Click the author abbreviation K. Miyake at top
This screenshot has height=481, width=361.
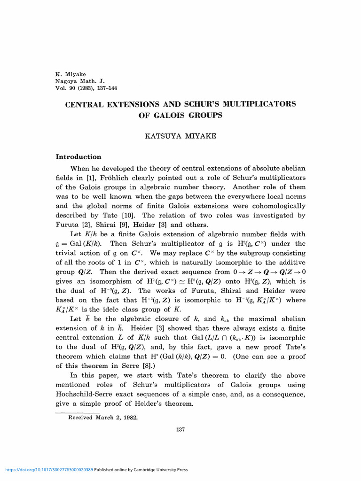pos(71,74)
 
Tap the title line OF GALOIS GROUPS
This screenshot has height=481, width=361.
pos(180,115)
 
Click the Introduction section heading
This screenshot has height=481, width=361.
pos(78,157)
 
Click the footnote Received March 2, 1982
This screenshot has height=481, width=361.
pos(103,417)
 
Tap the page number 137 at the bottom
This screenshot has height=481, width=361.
pos(180,428)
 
